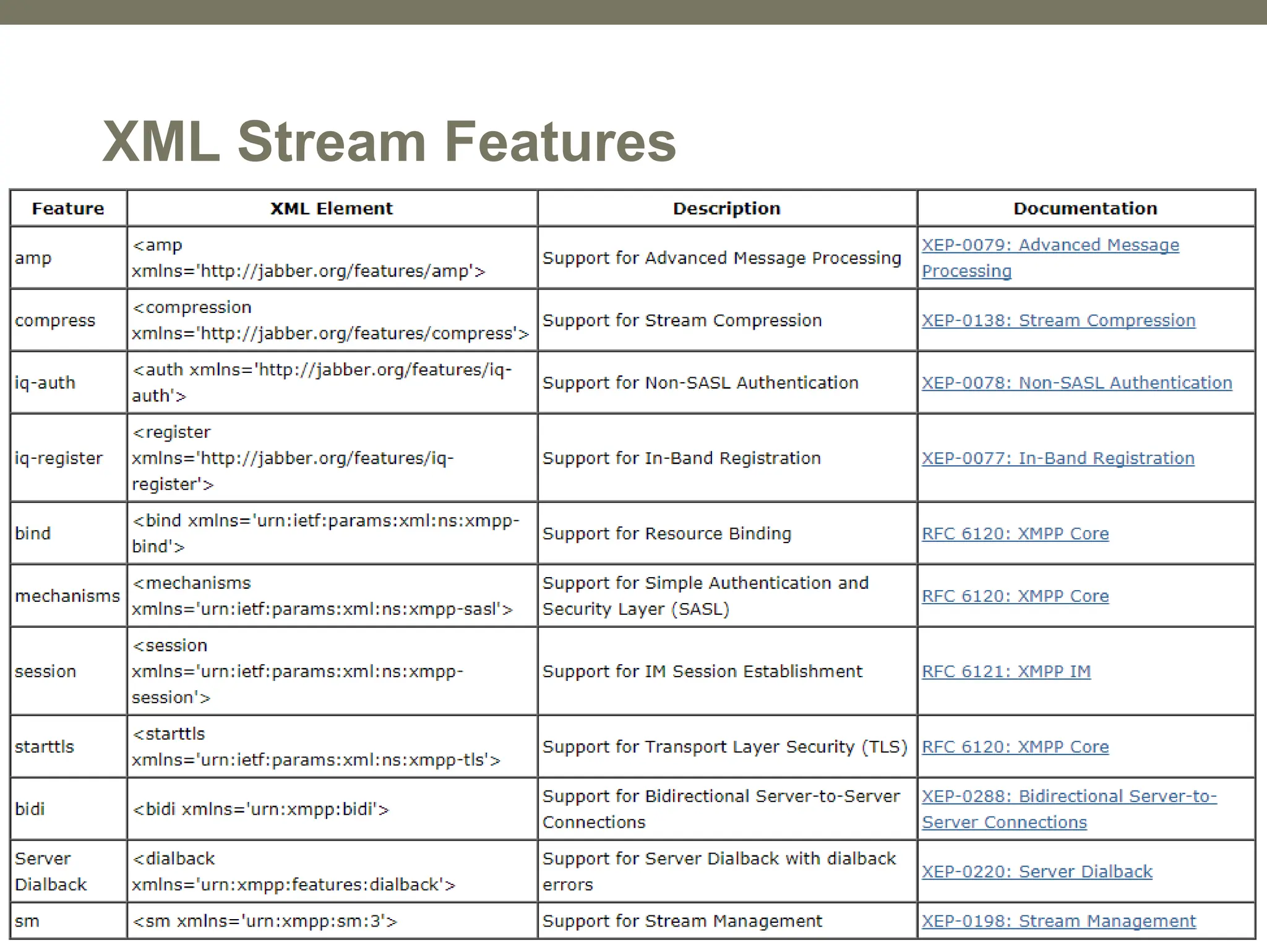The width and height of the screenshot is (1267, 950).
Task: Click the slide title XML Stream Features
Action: point(389,142)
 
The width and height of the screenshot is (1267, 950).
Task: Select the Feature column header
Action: point(68,208)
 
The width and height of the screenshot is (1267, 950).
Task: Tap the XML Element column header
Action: point(332,208)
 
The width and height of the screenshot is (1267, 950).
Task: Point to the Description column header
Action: point(727,208)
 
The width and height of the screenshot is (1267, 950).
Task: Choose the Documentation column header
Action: point(1085,208)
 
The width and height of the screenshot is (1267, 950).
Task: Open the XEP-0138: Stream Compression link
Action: point(1059,320)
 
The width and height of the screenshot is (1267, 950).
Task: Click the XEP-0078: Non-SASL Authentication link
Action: point(1077,383)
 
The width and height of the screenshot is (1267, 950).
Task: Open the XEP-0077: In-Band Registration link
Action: point(1058,458)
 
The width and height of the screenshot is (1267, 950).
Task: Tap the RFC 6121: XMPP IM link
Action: point(1006,672)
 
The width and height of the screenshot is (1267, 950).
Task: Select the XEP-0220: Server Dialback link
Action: point(1037,871)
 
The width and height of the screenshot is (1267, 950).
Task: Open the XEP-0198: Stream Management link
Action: point(1059,921)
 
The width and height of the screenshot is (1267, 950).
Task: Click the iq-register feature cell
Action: point(59,458)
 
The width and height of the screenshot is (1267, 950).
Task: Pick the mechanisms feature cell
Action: point(67,596)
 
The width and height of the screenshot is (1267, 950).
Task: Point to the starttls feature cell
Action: point(45,747)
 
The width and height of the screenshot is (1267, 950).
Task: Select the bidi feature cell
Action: point(30,809)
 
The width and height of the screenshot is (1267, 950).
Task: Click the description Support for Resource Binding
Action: point(667,534)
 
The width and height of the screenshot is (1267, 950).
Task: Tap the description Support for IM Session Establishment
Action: point(702,672)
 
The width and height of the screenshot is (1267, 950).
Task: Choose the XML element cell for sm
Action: point(265,921)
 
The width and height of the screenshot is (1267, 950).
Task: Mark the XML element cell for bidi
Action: point(260,809)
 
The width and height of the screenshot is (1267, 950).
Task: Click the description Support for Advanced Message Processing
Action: point(721,258)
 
